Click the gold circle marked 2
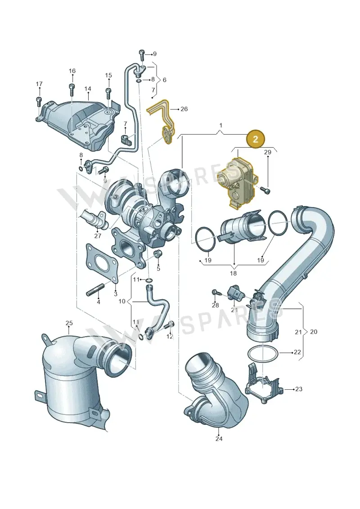coord(256,139)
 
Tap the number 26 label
coord(184,109)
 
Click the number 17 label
coord(39,84)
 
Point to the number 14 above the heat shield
coord(88,89)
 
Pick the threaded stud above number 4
coord(95,289)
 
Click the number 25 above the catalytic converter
coord(69,323)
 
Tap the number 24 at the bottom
coord(219,438)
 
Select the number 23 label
coord(299,388)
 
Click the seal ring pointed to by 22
coord(262,347)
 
